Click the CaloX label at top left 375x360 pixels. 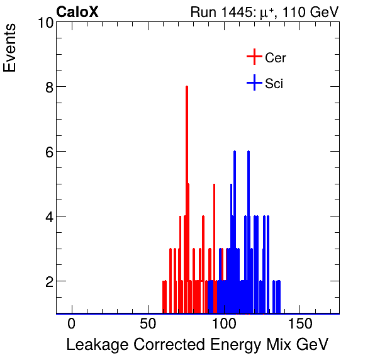tap(77, 12)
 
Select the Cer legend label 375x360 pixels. tap(276, 58)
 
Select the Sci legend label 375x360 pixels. tap(274, 83)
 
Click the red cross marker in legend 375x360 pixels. tap(254, 57)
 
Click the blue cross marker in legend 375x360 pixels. tap(254, 82)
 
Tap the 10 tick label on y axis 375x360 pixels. tap(44, 23)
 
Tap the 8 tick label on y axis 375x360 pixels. tap(48, 87)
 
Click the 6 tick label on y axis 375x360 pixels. tap(48, 152)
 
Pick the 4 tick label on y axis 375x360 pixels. tap(48, 217)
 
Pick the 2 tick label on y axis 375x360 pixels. tap(48, 281)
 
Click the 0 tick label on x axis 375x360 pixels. tap(72, 323)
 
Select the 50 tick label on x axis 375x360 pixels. tap(148, 323)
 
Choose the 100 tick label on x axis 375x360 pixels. tap(225, 323)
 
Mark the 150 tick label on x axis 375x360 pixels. tap(301, 323)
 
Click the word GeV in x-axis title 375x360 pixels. tap(312, 345)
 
